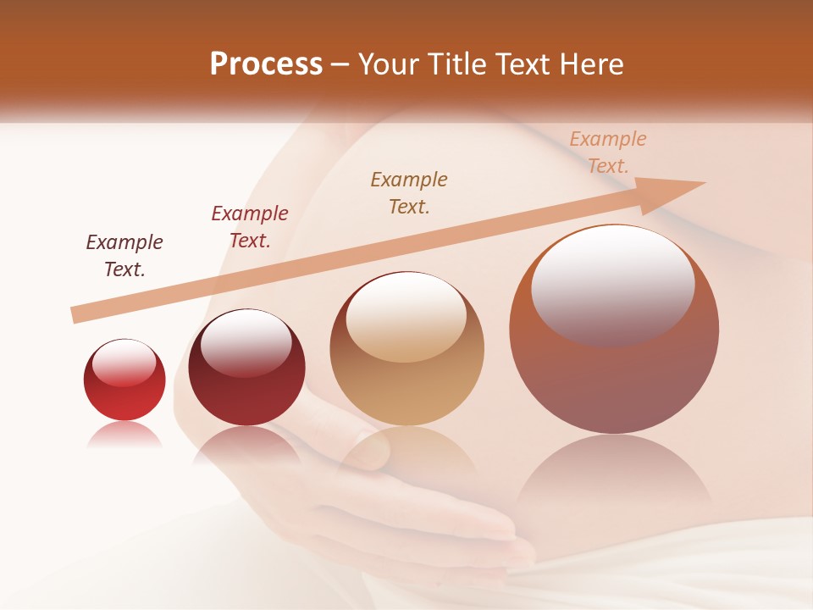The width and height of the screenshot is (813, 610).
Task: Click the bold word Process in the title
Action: coord(266,64)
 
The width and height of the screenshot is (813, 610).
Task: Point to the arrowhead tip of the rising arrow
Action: coord(704,183)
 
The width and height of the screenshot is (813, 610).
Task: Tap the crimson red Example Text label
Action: coord(250,227)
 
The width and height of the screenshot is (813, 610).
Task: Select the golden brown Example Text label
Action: coord(409,193)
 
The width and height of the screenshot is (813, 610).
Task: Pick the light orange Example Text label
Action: coord(608,152)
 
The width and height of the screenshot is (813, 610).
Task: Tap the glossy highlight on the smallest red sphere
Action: coord(124,363)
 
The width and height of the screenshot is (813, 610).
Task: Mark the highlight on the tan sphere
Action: coord(406,316)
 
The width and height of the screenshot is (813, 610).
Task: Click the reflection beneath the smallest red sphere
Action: coord(124,435)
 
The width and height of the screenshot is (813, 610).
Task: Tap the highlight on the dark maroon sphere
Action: coord(246,342)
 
